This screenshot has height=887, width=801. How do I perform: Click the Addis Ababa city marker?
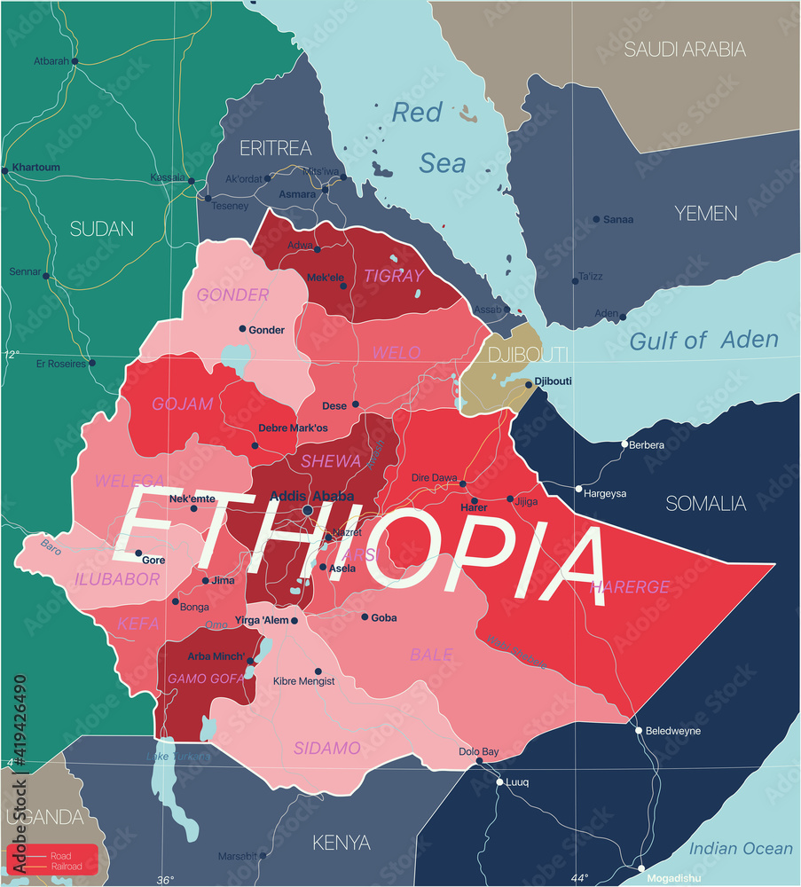point(308,511)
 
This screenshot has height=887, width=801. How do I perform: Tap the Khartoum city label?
point(36,168)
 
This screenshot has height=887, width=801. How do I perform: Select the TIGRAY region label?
point(394,277)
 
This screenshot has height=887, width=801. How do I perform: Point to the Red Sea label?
point(429,137)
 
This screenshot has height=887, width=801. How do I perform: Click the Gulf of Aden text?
point(703,340)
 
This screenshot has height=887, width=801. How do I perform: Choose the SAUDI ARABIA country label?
point(685,50)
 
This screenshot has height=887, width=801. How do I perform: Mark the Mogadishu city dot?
point(641,868)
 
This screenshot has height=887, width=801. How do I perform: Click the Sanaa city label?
point(617,219)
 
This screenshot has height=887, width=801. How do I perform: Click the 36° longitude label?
point(165,879)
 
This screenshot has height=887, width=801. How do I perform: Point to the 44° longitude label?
point(578,878)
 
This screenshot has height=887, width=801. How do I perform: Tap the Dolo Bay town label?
point(478,751)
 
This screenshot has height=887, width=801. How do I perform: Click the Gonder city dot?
point(242,329)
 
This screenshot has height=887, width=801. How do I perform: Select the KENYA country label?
point(341,842)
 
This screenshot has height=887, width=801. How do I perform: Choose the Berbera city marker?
point(624,443)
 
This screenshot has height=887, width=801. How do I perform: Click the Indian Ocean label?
point(741,848)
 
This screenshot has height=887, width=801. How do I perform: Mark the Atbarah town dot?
point(75,61)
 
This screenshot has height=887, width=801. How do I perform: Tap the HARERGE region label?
point(631,587)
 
